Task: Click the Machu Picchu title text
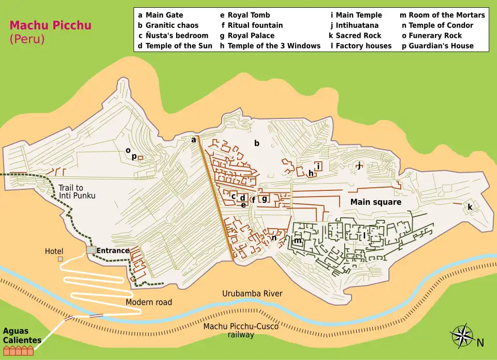coord(43,25)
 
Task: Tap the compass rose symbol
coord(462,336)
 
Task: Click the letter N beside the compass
coord(480,342)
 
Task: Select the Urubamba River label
coord(252,294)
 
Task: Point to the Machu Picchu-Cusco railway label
coord(241,331)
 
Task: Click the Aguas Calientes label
coord(22,336)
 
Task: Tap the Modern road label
coord(149,302)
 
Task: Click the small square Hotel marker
coord(61,259)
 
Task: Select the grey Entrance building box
coord(91,250)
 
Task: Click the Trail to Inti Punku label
coord(78,192)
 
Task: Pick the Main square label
coord(375,202)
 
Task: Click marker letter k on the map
coord(470,207)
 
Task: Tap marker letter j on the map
coord(358,166)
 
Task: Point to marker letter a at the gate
coord(194,140)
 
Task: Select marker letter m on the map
coord(297,241)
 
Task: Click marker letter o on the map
coord(128,151)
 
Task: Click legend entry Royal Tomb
coord(248,15)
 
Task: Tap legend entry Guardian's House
coord(441,46)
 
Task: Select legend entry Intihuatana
coord(357,25)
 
